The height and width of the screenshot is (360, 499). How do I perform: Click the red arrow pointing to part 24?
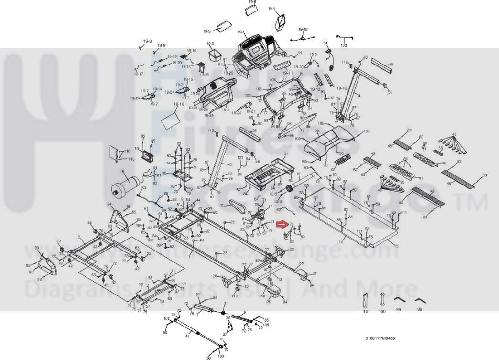coord(282,223)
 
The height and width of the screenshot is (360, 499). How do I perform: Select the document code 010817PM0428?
coord(380,338)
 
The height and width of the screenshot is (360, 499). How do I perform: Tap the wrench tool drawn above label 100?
coord(382,299)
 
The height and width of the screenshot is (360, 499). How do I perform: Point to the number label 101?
coord(367,311)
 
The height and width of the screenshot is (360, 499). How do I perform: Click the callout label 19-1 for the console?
coord(241,32)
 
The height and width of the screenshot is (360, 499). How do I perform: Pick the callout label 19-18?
coord(303,29)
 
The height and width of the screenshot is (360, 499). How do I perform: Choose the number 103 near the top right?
coord(343,45)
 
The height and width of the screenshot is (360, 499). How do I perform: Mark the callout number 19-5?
coord(206,31)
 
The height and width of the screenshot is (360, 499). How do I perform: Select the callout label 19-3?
coord(210,44)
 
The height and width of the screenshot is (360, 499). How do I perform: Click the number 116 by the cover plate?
coord(127,151)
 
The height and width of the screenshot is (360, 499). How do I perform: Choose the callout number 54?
coord(325,43)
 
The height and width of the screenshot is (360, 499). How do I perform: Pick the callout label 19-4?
coord(271,9)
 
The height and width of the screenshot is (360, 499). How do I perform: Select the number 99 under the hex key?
coord(398,310)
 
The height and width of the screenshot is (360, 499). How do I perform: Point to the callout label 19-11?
coord(287,73)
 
